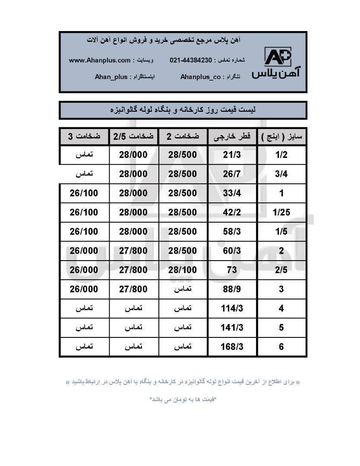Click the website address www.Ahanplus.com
(100, 60)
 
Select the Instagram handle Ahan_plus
(111, 77)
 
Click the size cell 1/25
(281, 212)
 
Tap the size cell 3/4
(281, 174)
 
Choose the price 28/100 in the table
(183, 270)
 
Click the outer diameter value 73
(233, 270)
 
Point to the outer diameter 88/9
(232, 289)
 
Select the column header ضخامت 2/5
(133, 137)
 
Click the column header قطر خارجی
(232, 137)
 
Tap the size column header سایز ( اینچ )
(282, 137)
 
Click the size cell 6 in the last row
(281, 346)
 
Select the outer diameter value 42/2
(232, 212)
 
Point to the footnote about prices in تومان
(183, 399)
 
